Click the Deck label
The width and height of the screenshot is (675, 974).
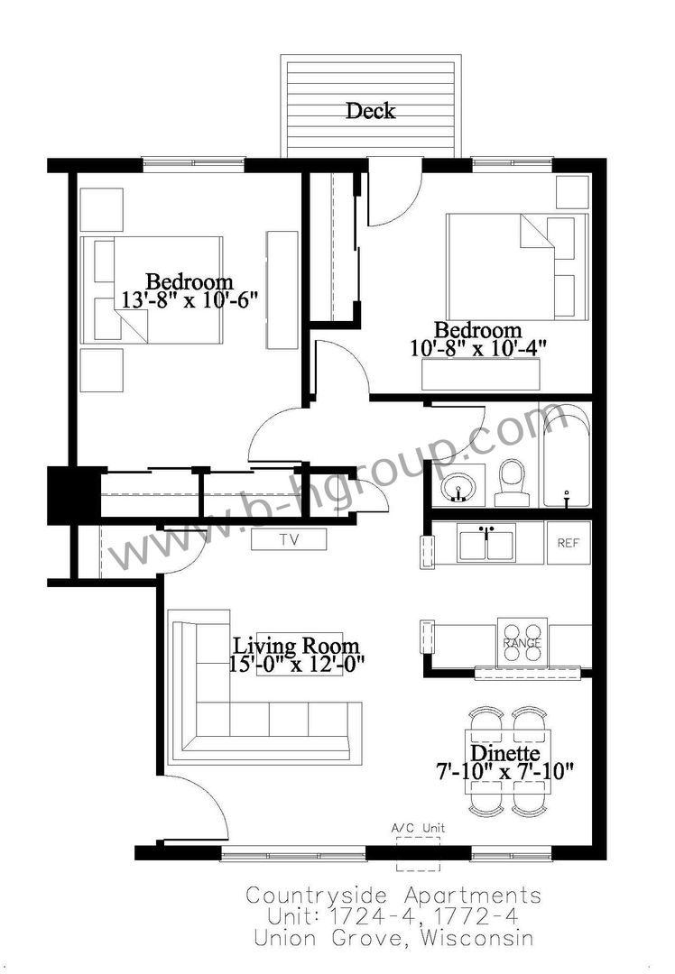(x=371, y=111)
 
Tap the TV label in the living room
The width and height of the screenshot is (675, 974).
(x=289, y=540)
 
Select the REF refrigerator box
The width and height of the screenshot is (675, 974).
(x=569, y=542)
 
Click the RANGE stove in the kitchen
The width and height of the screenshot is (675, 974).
(x=522, y=642)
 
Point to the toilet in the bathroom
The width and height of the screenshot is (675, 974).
(x=513, y=482)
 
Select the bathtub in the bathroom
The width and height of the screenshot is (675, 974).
(x=566, y=455)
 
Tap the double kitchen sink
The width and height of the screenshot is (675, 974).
(x=486, y=542)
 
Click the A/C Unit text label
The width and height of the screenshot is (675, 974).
(x=418, y=828)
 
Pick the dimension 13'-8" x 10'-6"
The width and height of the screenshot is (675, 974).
(x=189, y=300)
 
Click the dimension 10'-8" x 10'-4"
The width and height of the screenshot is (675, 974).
(x=478, y=348)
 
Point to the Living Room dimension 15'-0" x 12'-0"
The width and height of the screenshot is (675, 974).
(x=296, y=664)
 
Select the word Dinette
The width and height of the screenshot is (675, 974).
(x=504, y=753)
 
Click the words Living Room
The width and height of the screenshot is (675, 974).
(x=296, y=646)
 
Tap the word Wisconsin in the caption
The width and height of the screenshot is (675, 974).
(x=477, y=937)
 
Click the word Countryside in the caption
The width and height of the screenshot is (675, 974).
(x=317, y=896)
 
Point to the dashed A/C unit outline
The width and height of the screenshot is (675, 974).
(x=419, y=854)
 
